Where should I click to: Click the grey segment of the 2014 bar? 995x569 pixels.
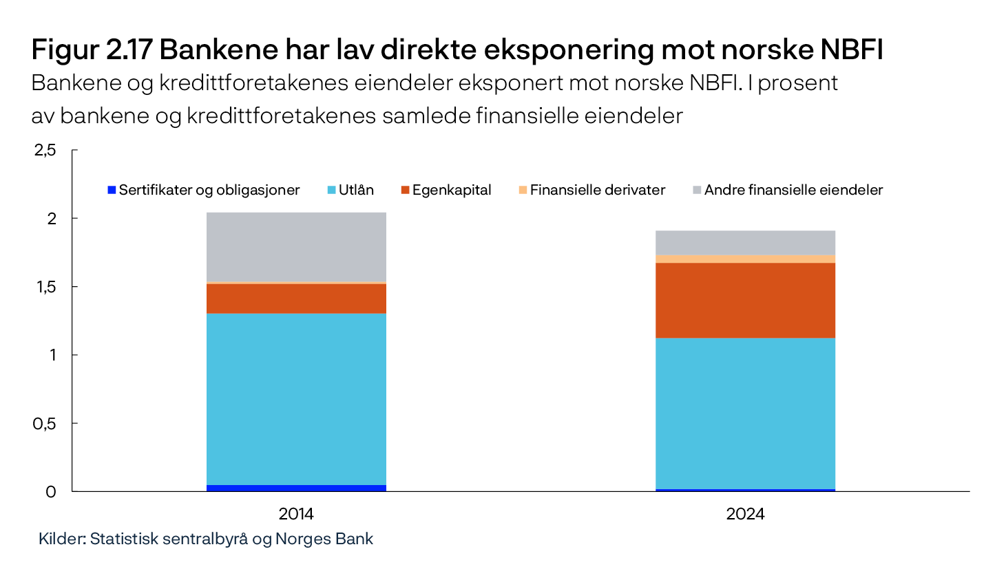(296, 246)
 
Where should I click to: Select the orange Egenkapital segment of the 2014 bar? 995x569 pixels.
(296, 299)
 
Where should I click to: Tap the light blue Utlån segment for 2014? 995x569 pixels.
(296, 399)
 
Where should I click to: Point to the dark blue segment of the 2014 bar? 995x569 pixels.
(296, 488)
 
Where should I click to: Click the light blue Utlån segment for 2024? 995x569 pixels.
(745, 413)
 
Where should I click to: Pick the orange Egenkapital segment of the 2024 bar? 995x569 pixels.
(745, 300)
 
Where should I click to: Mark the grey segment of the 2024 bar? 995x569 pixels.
(745, 242)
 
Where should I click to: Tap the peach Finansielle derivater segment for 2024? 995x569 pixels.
(745, 259)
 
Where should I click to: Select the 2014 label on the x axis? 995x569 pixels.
(296, 514)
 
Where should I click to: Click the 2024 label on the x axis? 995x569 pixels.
(745, 514)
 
